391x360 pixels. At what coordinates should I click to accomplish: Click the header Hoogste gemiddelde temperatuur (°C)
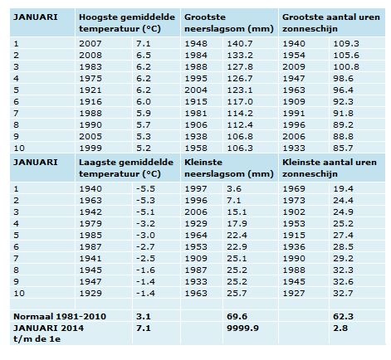click(127, 23)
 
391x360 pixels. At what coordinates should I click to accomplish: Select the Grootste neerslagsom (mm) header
click(229, 23)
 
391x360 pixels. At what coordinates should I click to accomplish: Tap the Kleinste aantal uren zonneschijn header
click(330, 168)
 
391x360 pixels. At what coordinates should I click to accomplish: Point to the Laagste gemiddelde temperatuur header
click(126, 168)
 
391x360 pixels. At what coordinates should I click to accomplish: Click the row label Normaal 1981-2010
click(60, 316)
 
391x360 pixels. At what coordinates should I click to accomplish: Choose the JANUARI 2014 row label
click(49, 333)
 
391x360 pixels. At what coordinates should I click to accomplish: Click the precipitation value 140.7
click(240, 44)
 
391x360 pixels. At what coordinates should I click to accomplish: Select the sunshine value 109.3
click(346, 44)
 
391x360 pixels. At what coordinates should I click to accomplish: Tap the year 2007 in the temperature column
click(90, 44)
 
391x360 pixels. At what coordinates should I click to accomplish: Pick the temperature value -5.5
click(145, 189)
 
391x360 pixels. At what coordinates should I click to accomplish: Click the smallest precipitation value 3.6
click(234, 189)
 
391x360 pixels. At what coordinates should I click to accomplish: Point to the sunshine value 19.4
click(343, 189)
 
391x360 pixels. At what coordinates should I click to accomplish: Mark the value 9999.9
click(242, 328)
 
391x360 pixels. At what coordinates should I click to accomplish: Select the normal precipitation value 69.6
click(237, 316)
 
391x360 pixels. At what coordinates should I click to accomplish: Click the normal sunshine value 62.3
click(343, 316)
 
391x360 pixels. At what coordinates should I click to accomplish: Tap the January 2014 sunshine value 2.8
click(340, 328)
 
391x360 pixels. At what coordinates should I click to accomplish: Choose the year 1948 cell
click(196, 44)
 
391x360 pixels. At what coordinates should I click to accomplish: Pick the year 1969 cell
click(294, 189)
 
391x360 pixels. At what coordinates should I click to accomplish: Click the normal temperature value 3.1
click(144, 316)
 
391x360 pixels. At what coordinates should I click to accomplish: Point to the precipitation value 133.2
click(240, 56)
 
